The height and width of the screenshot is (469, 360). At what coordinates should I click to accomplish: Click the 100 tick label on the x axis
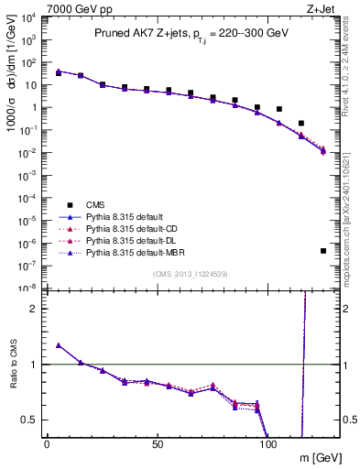tap(269, 443)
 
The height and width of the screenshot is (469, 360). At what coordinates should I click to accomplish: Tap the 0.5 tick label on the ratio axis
tap(28, 420)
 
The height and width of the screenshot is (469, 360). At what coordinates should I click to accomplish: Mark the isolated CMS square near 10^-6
tap(323, 250)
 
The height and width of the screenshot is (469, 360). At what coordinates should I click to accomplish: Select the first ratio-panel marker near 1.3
tap(59, 345)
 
